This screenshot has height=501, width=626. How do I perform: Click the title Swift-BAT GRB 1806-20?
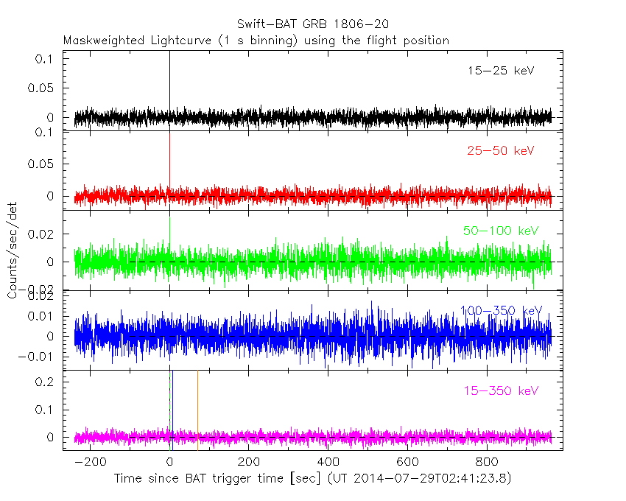pos(313,24)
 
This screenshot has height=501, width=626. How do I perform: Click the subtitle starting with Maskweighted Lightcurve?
pos(256,41)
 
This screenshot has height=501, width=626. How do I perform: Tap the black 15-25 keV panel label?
pos(500,71)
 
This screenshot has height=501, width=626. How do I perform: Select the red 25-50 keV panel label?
pos(500,151)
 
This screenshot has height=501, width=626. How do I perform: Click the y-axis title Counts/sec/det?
pos(12,251)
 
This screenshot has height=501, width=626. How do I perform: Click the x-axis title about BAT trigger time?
pos(312,479)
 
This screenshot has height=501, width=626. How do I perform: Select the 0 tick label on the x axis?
pos(169,463)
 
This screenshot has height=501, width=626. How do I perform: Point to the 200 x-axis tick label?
pos(249,463)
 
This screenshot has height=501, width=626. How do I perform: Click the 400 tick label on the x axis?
pos(328,463)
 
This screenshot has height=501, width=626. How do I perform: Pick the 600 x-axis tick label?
pos(408,463)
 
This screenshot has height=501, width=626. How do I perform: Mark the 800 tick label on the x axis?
pos(488,463)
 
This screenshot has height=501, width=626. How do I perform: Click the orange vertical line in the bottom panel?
pos(197,409)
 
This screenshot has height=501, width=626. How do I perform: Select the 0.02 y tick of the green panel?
pos(46,234)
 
